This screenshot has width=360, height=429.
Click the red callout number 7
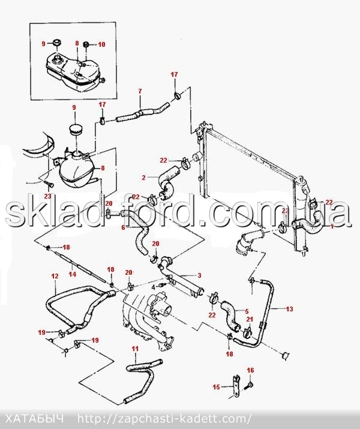(x=140, y=91)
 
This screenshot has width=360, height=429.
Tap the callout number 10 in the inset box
(x=101, y=44)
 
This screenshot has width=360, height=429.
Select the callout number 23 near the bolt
(x=47, y=196)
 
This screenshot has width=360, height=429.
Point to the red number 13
(x=289, y=309)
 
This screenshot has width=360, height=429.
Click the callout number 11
(x=135, y=349)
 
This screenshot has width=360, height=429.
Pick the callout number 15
(x=216, y=387)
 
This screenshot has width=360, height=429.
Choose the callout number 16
(x=250, y=370)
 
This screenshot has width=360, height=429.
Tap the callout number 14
(x=73, y=274)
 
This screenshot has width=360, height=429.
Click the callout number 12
(x=55, y=276)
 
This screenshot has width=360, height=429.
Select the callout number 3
(x=199, y=275)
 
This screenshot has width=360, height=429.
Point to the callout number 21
(x=250, y=319)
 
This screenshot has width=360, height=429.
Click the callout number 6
(x=123, y=227)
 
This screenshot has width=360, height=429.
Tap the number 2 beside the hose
(x=144, y=178)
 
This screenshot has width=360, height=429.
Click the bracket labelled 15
(x=236, y=386)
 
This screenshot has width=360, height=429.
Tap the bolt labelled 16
(x=249, y=385)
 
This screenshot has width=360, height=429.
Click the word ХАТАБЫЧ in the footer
(x=35, y=419)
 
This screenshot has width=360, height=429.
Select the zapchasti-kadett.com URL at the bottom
(x=164, y=419)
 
